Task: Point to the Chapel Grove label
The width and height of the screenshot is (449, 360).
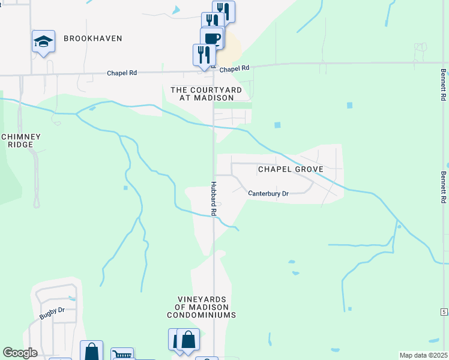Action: pos(291,169)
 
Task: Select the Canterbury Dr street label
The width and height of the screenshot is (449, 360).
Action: pos(268,194)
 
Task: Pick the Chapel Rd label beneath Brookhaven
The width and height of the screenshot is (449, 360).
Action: pos(122,73)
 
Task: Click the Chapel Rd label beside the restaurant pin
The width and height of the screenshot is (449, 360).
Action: pos(234,70)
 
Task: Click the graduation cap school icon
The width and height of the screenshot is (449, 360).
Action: pos(43,41)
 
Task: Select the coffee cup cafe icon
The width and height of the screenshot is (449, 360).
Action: pos(212,38)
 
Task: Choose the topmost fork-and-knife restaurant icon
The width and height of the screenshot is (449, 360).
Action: pos(223,10)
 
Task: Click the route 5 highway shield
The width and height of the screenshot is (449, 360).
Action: pos(444,312)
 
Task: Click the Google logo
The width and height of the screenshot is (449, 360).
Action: pos(20,353)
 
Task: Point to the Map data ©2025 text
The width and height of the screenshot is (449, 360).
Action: pos(423,355)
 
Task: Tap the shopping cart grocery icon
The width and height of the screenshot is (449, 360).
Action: pos(122,354)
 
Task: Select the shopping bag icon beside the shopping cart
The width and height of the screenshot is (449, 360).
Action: pos(91,351)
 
